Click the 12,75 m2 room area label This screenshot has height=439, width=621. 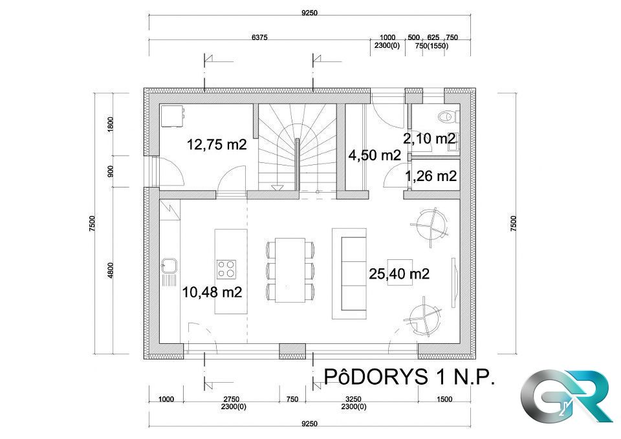[217, 144]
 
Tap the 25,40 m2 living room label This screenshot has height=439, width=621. [399, 273]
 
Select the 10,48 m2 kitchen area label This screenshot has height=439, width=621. [212, 292]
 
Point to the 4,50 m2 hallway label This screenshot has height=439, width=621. [375, 155]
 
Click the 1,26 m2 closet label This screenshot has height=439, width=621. [431, 176]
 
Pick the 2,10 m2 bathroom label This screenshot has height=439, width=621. [430, 138]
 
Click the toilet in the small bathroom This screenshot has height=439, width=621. [449, 116]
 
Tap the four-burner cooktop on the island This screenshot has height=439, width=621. [226, 269]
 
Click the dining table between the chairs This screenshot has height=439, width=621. [290, 270]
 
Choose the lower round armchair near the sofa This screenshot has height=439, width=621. [424, 319]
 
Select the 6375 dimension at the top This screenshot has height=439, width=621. [259, 37]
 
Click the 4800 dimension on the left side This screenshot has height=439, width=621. [111, 270]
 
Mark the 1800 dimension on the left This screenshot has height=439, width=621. [111, 124]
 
